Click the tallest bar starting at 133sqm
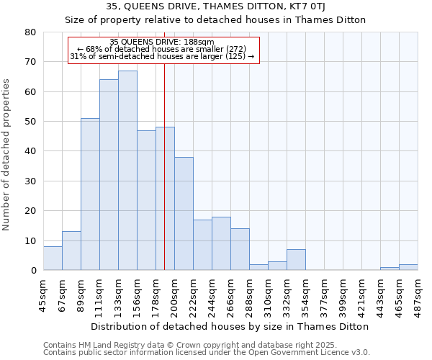point(127,171)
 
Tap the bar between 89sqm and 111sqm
point(90,194)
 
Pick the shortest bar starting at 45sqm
point(53,258)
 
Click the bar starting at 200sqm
point(184,214)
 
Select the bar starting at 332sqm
point(296,260)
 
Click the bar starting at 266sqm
point(240,249)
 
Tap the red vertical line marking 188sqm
point(164,180)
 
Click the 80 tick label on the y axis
point(30,32)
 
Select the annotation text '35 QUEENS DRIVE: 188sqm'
point(162,42)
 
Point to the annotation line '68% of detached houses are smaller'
point(162,49)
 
